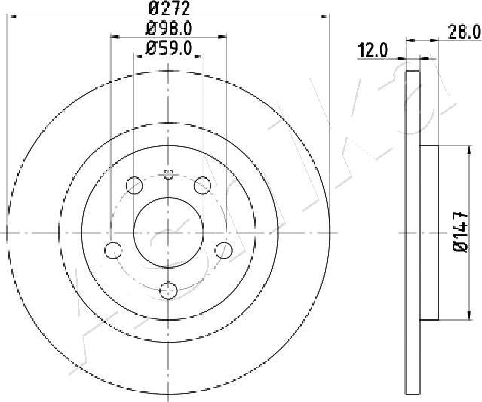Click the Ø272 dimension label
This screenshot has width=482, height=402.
169,8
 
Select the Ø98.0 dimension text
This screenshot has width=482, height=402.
169,29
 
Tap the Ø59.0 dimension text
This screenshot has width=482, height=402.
169,48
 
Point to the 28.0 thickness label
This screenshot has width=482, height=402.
464,32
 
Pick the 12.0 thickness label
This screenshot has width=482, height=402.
372,51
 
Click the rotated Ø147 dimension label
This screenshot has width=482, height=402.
461,232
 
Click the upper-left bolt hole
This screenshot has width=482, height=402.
134,186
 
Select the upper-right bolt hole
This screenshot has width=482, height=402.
203,186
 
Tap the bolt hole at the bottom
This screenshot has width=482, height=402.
169,290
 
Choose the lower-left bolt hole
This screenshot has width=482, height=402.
113,250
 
